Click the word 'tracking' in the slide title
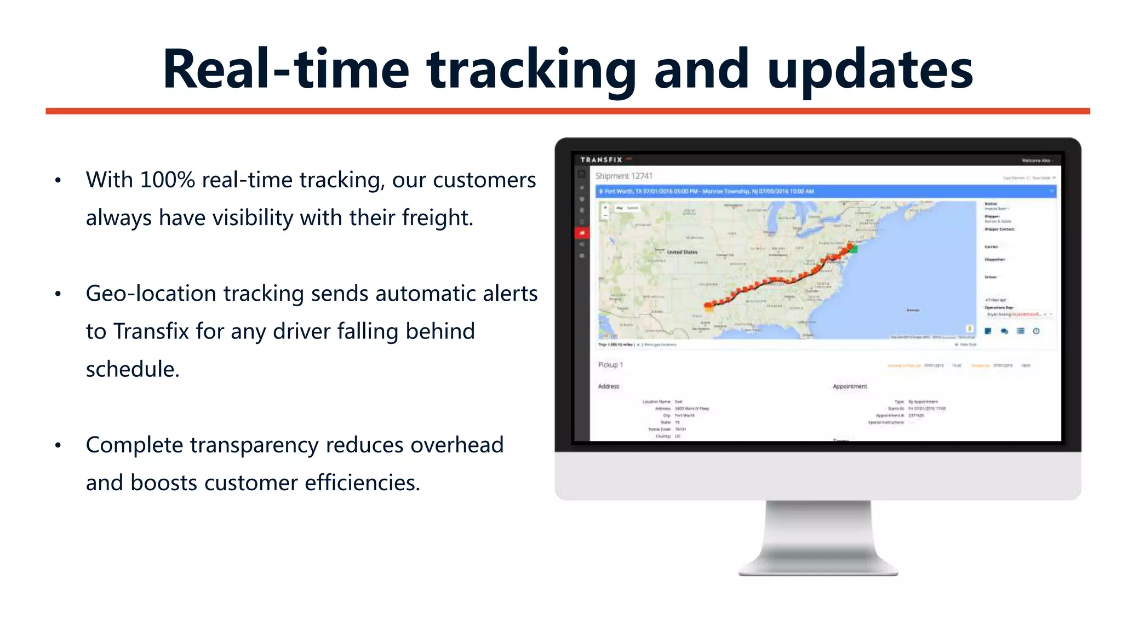531,70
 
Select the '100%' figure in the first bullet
167,180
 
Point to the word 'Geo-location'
150,294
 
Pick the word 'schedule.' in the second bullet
133,370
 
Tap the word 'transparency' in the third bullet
254,445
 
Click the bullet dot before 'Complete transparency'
58,445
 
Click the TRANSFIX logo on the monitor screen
601,160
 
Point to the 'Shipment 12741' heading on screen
624,176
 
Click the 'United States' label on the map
682,252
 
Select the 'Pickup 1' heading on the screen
610,365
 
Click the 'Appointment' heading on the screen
850,386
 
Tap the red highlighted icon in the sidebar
582,233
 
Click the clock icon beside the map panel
1036,331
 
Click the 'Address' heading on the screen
608,386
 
